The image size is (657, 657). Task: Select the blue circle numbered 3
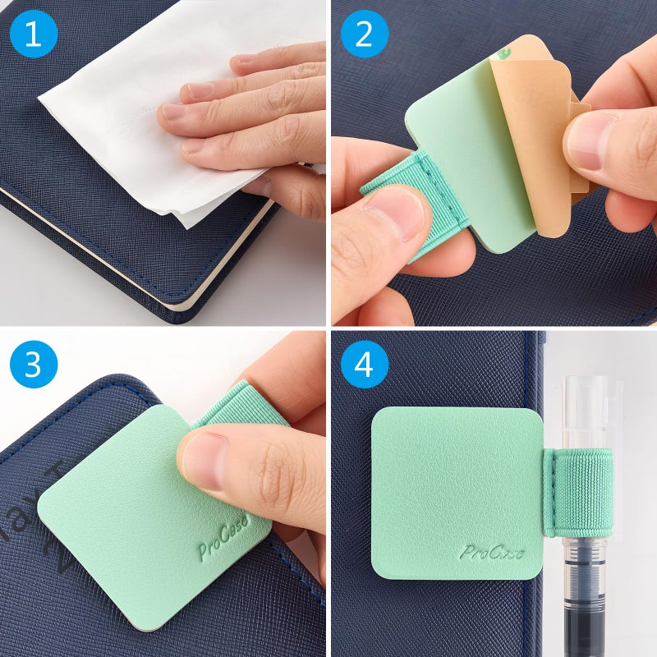[34, 365]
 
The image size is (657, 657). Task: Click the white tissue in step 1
[123, 99]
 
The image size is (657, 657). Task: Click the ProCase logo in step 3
[223, 542]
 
